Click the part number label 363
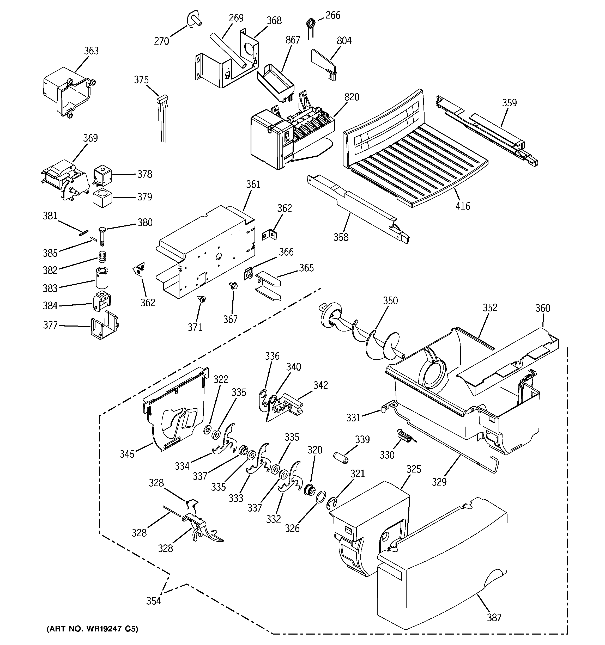pyautogui.click(x=91, y=51)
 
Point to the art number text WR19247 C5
pyautogui.click(x=93, y=629)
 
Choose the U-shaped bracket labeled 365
pyautogui.click(x=267, y=286)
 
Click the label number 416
pyautogui.click(x=462, y=206)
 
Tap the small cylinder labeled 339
pyautogui.click(x=341, y=457)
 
